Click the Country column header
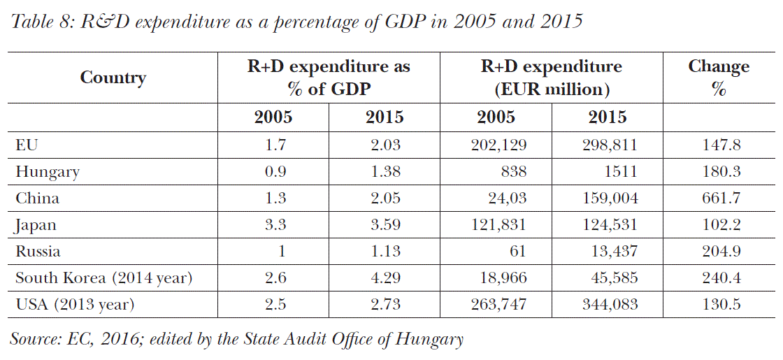(x=113, y=77)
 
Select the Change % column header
(x=718, y=78)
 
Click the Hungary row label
(x=48, y=172)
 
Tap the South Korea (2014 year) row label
(x=103, y=278)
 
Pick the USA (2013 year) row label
(x=75, y=305)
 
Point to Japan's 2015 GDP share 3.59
(x=385, y=225)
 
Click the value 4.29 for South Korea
(x=385, y=278)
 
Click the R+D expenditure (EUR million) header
(x=551, y=78)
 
